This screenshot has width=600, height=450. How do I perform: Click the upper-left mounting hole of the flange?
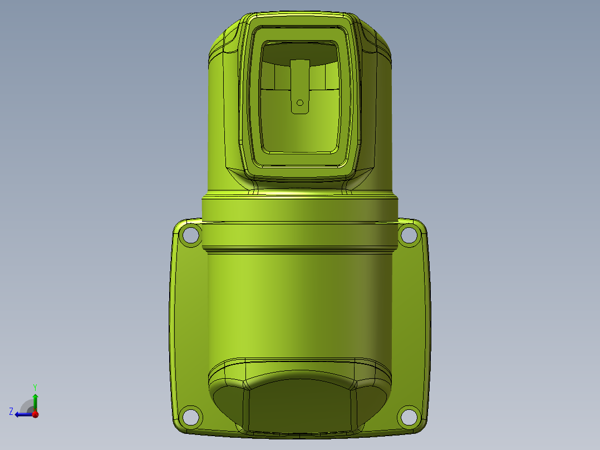click(x=190, y=234)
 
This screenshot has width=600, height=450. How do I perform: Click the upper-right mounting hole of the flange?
click(x=409, y=234)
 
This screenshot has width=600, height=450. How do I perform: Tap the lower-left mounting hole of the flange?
click(x=190, y=416)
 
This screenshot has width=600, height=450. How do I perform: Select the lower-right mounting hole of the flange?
click(x=409, y=416)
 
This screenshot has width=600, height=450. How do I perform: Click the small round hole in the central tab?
click(x=300, y=102)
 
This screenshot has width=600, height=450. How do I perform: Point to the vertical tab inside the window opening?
click(x=300, y=86)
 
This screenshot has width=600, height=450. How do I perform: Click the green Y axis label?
click(x=35, y=388)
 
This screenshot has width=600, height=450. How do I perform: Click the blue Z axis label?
click(x=11, y=412)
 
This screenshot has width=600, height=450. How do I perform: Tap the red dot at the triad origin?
click(x=35, y=414)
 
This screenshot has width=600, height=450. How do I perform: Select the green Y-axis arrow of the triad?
click(x=35, y=403)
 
